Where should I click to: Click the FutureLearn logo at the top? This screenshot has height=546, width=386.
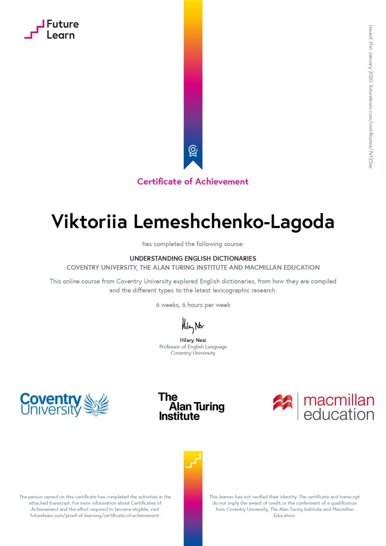(52, 30)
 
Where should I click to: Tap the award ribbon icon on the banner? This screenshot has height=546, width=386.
(193, 151)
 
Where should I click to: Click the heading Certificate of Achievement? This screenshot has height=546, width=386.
(193, 182)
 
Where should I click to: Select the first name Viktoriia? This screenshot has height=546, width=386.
(89, 222)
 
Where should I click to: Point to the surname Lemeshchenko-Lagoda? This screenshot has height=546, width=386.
(234, 222)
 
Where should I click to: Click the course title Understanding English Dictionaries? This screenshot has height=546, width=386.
(193, 259)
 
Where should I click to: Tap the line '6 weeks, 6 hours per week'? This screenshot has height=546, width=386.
(193, 305)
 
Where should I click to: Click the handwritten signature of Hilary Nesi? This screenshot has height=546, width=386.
(192, 325)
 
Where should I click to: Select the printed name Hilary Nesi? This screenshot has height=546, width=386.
(193, 340)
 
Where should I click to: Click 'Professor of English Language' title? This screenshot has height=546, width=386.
(193, 347)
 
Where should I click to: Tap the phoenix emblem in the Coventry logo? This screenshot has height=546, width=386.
(96, 404)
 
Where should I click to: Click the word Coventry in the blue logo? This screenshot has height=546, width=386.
(50, 399)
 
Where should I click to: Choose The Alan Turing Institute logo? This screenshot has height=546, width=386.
(191, 407)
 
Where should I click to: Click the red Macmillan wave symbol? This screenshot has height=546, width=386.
(283, 403)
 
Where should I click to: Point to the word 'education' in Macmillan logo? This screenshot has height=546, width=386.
(339, 414)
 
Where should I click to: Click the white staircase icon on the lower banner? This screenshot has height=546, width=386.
(193, 461)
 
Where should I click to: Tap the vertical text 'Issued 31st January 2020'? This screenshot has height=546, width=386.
(371, 53)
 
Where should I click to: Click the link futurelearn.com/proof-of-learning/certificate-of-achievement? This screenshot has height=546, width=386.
(95, 516)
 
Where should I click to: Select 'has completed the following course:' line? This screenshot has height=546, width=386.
(193, 244)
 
